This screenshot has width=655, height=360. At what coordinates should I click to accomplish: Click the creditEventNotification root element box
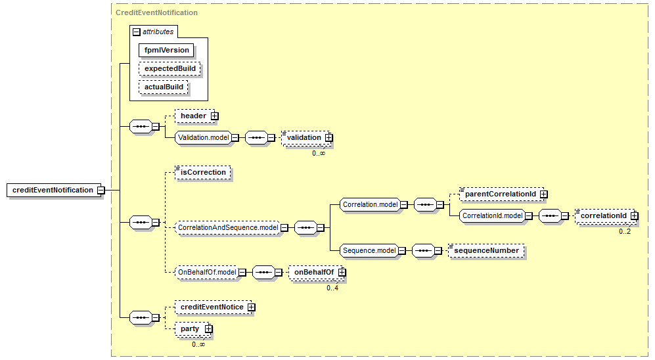53,190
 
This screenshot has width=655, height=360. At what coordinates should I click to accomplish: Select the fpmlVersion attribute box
166,50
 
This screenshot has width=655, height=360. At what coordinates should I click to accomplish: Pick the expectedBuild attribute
169,68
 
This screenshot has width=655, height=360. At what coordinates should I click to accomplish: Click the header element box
194,116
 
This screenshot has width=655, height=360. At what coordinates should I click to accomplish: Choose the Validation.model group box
203,137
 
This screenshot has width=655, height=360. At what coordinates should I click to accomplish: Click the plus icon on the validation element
329,137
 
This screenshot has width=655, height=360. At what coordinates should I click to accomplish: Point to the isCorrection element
203,172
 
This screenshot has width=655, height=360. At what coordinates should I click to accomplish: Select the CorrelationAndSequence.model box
228,228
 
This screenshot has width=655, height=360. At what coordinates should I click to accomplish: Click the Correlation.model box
370,204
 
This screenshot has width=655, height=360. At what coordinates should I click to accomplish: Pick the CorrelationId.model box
491,215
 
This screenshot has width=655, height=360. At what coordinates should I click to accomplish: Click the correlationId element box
603,215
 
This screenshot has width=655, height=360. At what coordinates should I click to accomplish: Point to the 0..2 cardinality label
624,231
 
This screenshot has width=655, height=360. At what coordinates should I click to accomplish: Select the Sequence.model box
369,250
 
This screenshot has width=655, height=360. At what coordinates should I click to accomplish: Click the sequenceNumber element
486,250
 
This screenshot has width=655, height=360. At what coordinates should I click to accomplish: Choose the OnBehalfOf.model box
207,271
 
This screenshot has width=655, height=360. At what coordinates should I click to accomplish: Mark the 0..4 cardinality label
333,287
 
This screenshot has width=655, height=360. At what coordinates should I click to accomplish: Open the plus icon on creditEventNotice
251,307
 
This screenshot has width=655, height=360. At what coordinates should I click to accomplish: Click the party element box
190,328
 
